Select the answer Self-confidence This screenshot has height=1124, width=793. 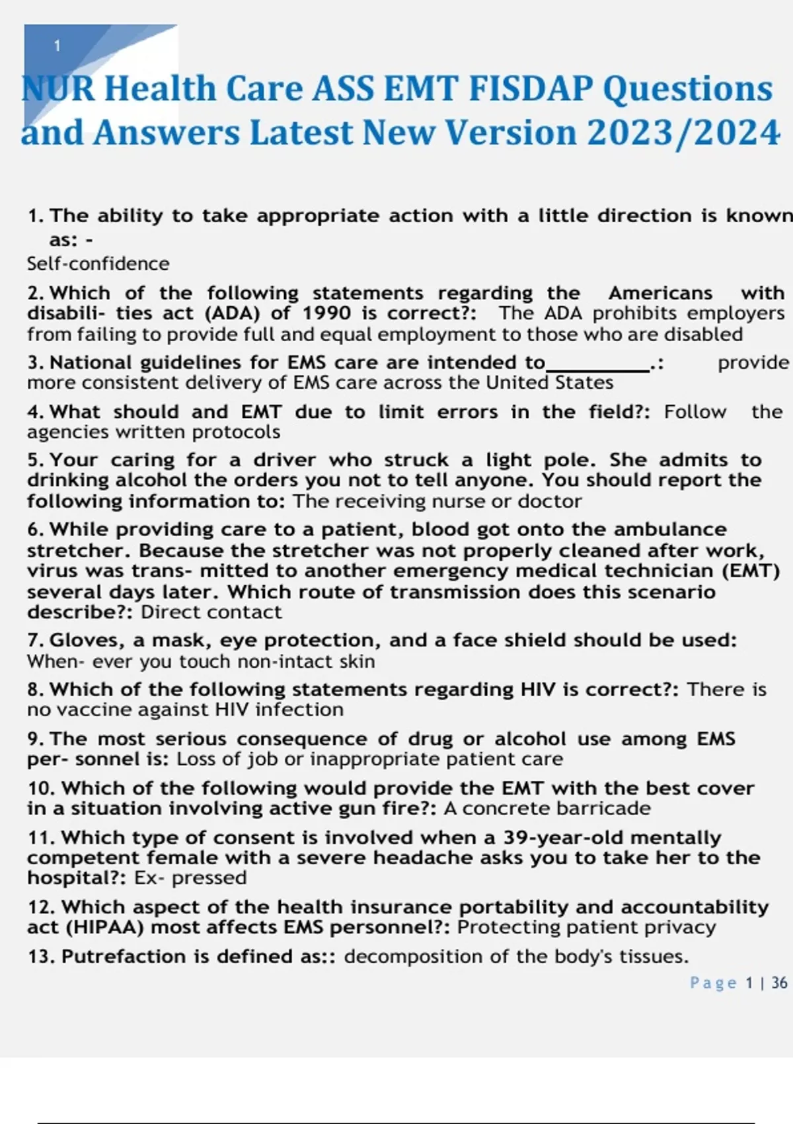[x=98, y=264]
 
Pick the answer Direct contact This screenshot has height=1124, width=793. [x=211, y=612]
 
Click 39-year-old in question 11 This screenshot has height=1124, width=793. [x=563, y=838]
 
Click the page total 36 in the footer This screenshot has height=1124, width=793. [x=779, y=983]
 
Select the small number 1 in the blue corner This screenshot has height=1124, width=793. [x=57, y=46]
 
